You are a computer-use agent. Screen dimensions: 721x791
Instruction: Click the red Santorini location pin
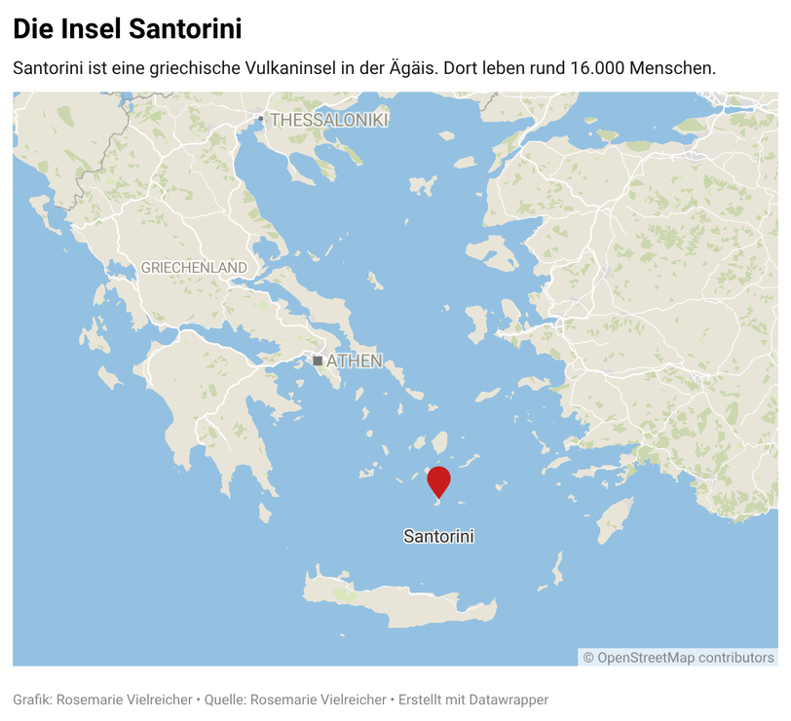tap(438, 480)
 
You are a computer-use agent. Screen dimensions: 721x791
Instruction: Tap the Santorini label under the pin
tap(438, 536)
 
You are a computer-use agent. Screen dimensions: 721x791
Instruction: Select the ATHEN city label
tap(354, 361)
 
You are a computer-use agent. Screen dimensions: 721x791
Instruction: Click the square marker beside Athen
tap(318, 361)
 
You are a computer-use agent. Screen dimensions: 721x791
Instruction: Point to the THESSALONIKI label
tap(329, 120)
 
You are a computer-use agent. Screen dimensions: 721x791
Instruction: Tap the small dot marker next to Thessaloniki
tap(260, 119)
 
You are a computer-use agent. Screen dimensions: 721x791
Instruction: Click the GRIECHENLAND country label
tap(194, 267)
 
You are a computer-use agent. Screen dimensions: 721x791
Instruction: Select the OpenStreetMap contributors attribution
tap(679, 658)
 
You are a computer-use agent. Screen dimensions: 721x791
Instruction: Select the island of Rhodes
tap(614, 520)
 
